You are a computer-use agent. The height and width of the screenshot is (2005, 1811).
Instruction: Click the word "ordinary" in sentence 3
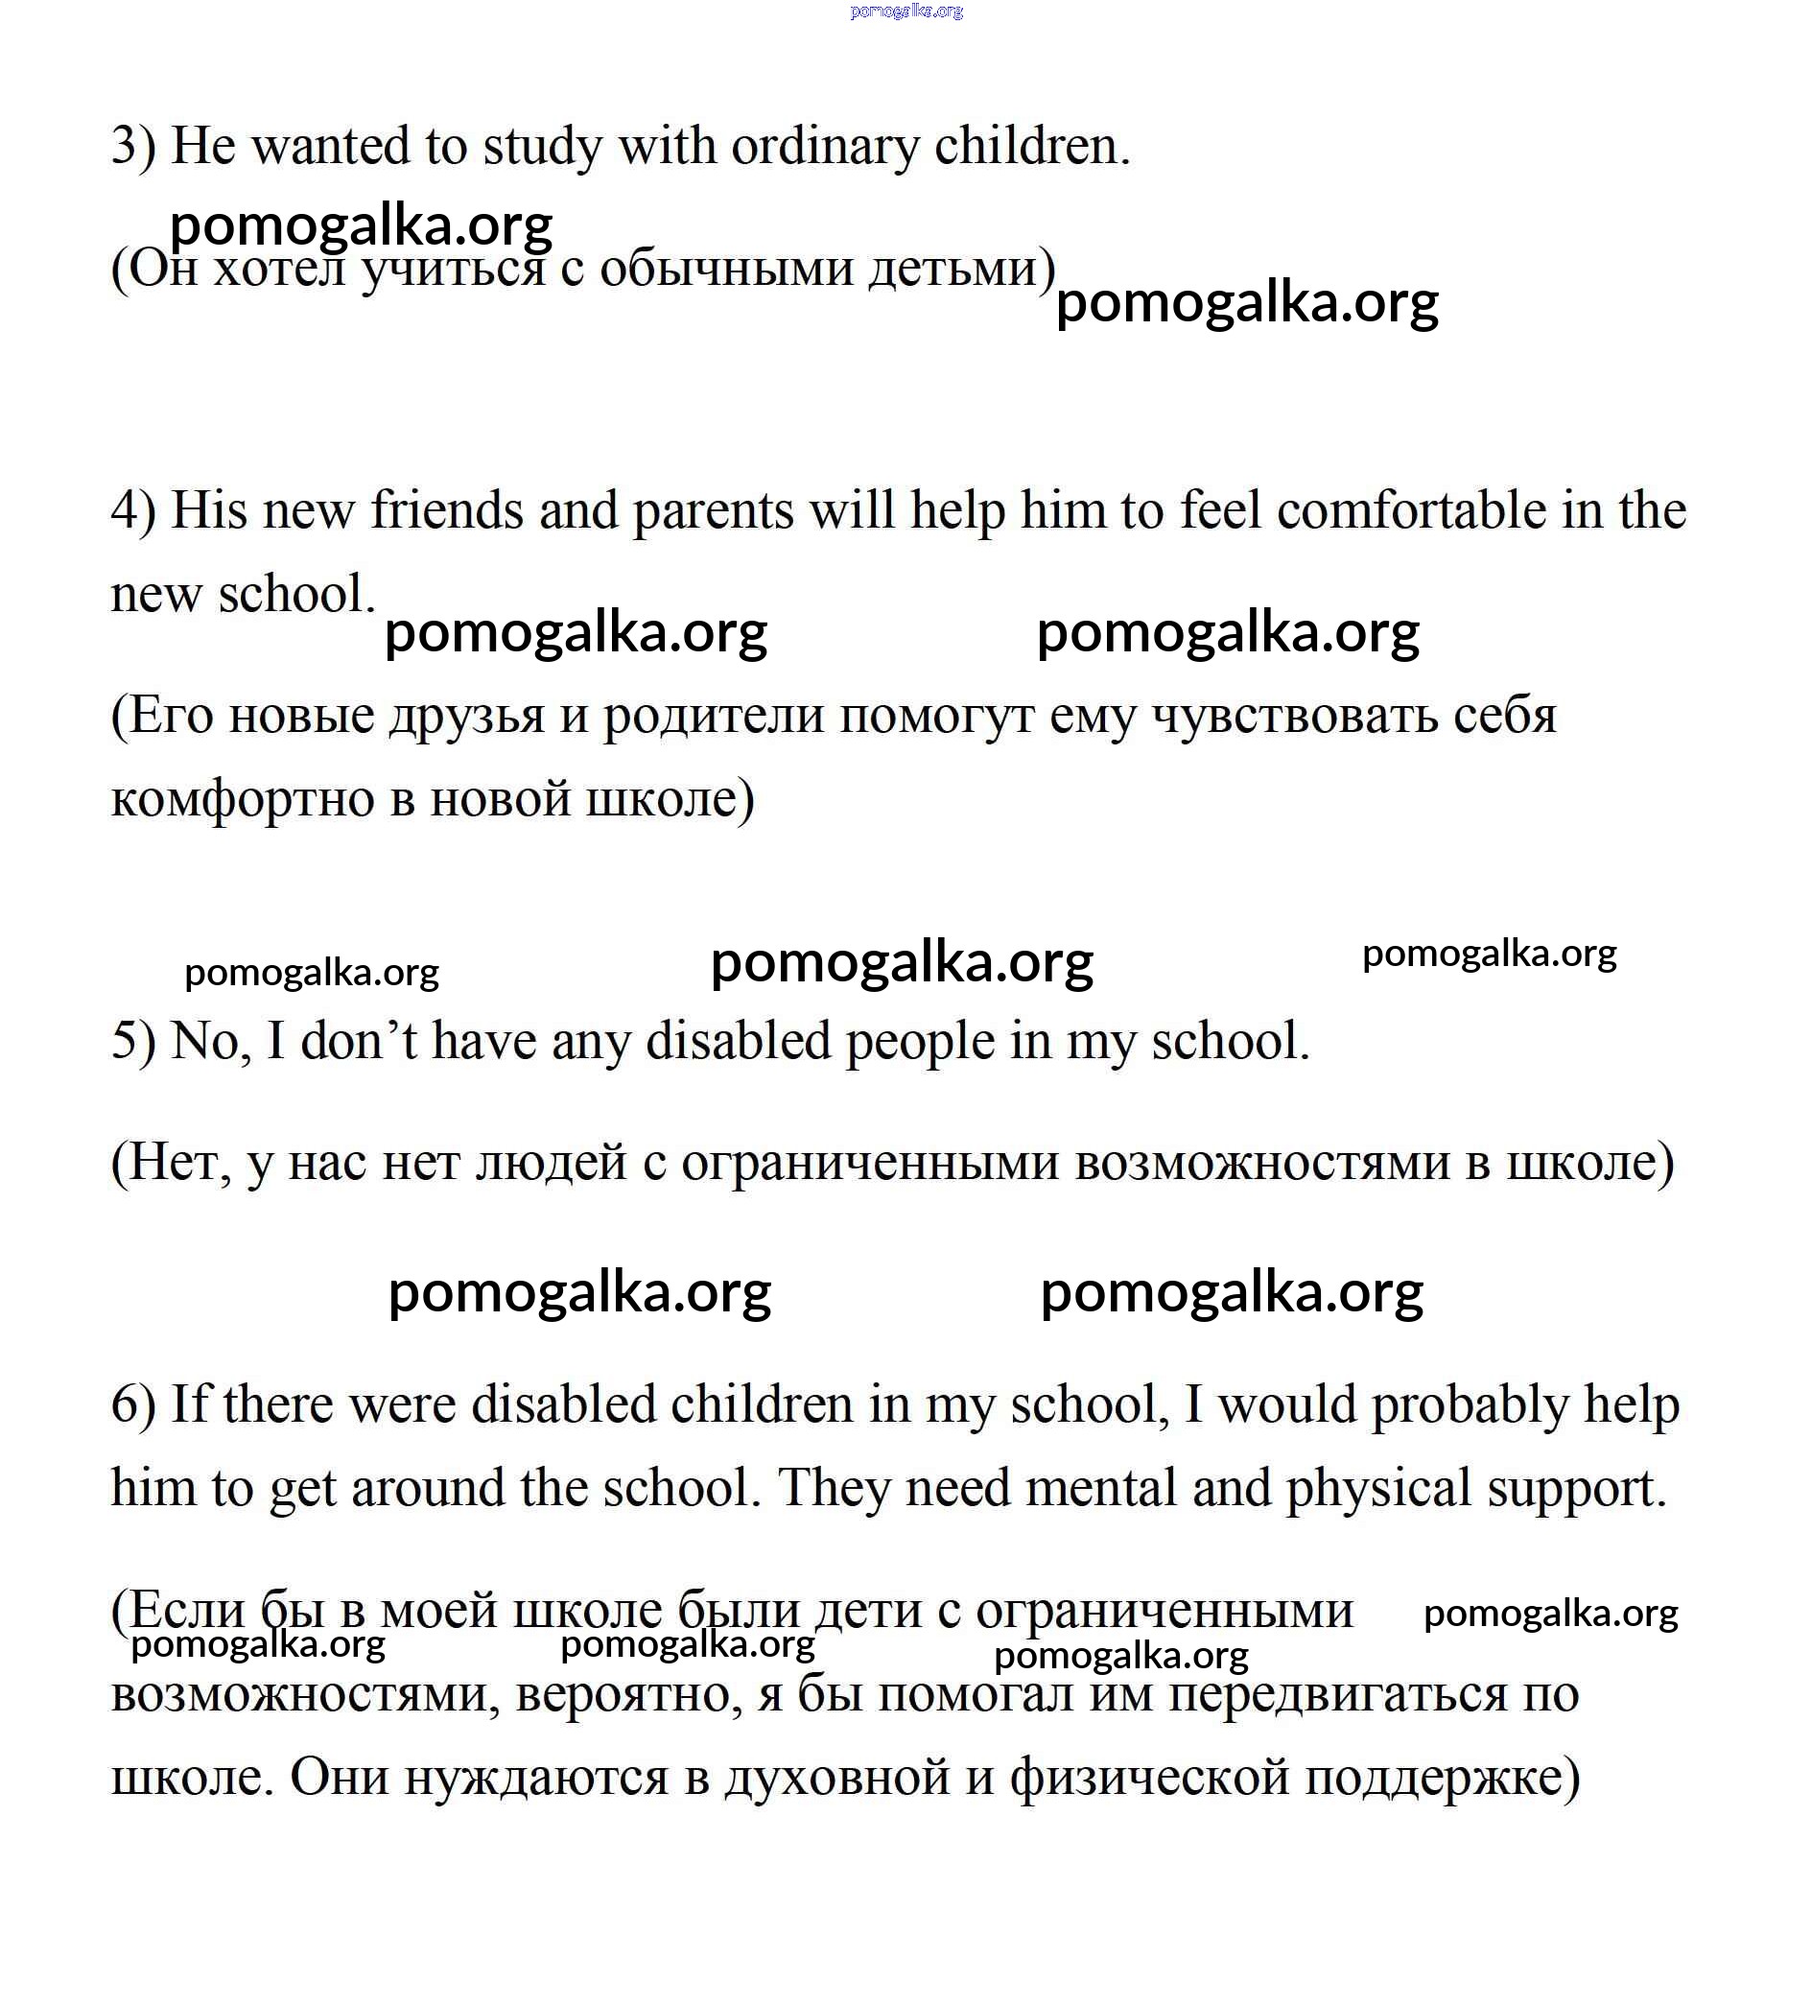(825, 147)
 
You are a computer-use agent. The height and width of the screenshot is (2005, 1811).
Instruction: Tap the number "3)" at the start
(133, 147)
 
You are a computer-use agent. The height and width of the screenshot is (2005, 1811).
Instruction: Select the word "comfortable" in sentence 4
(1410, 511)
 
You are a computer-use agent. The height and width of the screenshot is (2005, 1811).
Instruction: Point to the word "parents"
(713, 511)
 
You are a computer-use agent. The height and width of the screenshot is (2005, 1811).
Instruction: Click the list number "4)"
(133, 511)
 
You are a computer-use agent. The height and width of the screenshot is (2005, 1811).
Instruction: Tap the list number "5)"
(133, 1041)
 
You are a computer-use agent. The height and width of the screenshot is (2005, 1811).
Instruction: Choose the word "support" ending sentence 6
(1571, 1489)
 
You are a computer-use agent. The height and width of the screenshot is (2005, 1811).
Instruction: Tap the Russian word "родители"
(713, 716)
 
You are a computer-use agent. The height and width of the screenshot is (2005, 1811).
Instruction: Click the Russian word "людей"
(551, 1162)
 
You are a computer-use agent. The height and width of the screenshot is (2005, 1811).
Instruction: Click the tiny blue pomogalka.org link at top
(906, 11)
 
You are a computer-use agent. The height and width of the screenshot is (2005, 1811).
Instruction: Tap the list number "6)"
(133, 1405)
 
